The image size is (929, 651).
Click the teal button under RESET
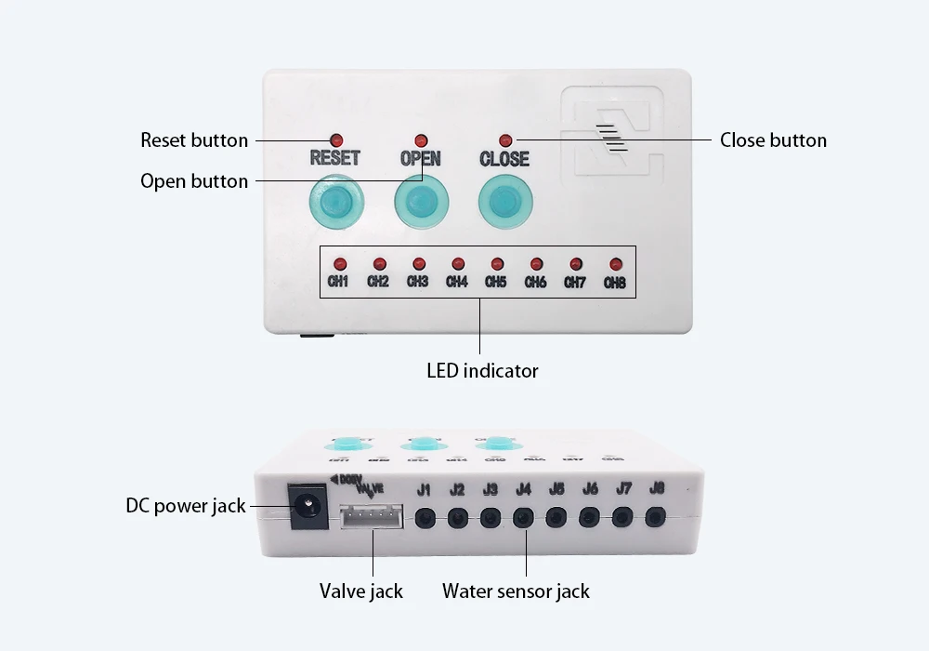click(334, 200)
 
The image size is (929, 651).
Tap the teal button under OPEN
click(421, 200)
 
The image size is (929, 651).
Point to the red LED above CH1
click(340, 264)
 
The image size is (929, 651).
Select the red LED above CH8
click(615, 264)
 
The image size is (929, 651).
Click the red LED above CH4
click(458, 264)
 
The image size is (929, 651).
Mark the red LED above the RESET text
click(335, 139)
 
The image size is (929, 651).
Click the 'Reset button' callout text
click(194, 140)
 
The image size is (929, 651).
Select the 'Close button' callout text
click(773, 140)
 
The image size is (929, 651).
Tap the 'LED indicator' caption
click(482, 371)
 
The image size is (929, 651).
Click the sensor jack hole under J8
click(656, 516)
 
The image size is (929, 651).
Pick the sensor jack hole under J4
click(523, 517)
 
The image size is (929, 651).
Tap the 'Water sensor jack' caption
click(516, 591)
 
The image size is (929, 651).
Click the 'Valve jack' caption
click(361, 591)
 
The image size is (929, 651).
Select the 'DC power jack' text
click(186, 506)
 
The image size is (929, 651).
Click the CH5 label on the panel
click(496, 282)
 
